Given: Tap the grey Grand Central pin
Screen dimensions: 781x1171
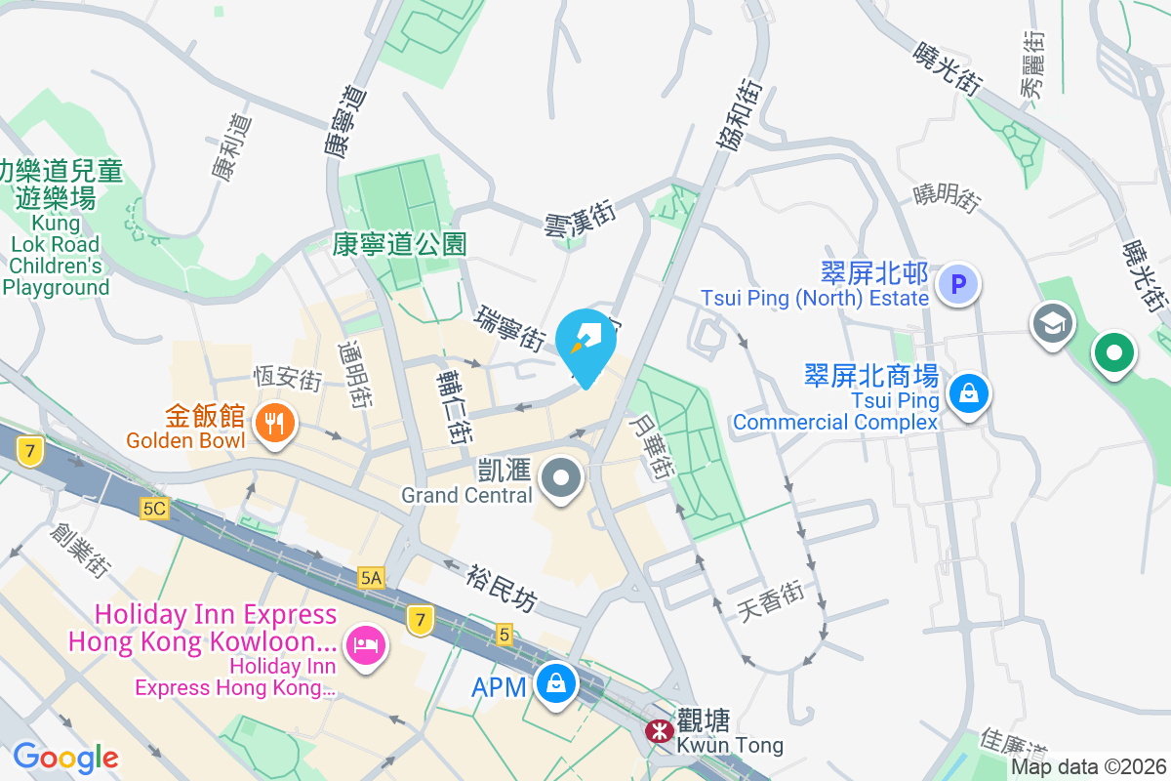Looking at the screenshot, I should click(561, 479).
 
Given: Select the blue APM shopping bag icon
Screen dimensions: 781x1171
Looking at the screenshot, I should click(555, 685).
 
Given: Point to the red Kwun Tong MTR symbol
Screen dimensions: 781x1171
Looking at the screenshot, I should click(661, 730).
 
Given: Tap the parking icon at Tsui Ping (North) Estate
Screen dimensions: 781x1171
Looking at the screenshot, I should click(958, 285).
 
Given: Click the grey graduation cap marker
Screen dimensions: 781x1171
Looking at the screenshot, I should click(1053, 326).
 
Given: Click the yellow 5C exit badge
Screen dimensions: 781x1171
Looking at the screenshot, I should click(154, 509).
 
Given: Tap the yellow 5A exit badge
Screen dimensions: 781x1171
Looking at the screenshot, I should click(370, 577).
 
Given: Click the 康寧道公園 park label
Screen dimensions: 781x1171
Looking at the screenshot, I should click(399, 243).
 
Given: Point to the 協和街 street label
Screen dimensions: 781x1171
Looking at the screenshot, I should click(739, 115).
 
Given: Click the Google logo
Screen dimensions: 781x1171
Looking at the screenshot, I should click(65, 758).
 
